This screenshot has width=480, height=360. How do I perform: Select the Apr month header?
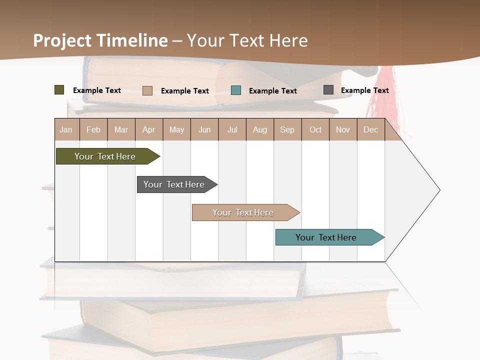(x=148, y=129)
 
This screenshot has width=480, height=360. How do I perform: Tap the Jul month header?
(x=232, y=129)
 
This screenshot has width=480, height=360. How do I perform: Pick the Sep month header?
(x=287, y=129)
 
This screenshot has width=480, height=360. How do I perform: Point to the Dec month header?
(x=370, y=129)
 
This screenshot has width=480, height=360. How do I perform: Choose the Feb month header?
(x=93, y=129)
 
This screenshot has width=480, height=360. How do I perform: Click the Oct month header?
(x=315, y=129)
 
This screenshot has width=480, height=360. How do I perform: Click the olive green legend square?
(x=59, y=90)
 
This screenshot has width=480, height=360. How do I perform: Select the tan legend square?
(x=147, y=90)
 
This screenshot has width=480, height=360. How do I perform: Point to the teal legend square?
(x=236, y=90)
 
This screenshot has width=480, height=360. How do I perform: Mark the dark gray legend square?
(x=328, y=90)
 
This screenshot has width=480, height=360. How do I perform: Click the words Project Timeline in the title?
(x=100, y=40)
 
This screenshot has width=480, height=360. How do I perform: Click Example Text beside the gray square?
(x=364, y=90)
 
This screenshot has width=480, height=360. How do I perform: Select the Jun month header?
(x=204, y=129)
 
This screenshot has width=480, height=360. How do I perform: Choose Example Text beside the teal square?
(x=272, y=91)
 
